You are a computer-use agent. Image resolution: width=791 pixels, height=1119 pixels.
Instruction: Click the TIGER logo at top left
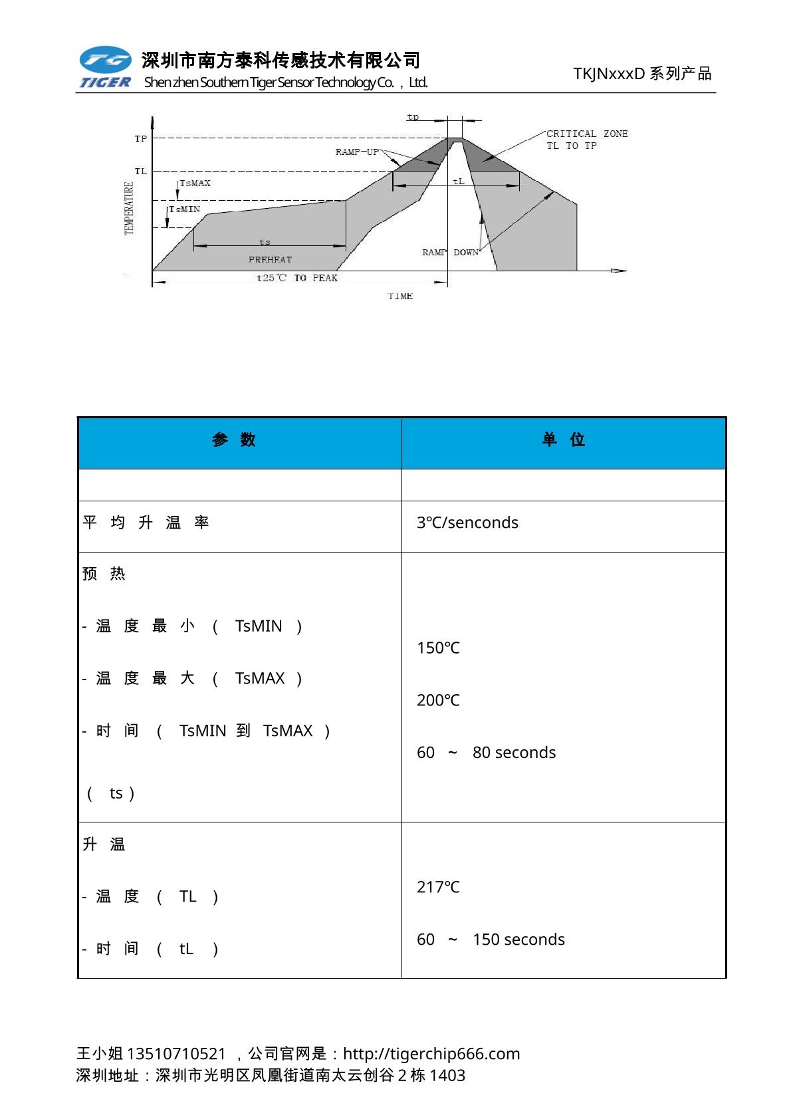105,67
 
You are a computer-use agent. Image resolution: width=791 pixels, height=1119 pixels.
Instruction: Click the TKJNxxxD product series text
642,73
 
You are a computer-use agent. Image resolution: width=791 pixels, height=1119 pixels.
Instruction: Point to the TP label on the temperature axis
141,139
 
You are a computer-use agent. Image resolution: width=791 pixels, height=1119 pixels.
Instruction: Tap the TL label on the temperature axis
141,172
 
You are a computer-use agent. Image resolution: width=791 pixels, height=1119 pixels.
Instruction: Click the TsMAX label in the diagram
195,184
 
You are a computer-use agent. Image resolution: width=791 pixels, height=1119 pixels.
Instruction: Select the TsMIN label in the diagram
185,209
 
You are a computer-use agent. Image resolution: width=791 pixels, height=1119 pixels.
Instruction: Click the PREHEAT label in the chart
270,259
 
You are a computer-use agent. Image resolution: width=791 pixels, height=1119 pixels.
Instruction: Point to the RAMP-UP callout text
357,152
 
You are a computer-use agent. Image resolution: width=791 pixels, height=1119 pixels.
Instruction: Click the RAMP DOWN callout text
450,253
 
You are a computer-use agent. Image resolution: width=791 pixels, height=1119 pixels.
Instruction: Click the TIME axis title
400,297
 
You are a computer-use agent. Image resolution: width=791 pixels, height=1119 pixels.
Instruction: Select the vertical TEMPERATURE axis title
129,208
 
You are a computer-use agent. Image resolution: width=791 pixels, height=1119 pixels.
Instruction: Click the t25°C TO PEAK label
297,278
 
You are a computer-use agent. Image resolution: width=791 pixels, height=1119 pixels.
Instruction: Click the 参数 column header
234,439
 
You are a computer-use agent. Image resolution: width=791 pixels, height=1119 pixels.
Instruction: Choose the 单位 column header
563,439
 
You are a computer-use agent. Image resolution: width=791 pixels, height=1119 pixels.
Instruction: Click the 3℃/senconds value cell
467,523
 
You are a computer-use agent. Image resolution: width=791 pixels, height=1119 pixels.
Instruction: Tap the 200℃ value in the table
438,700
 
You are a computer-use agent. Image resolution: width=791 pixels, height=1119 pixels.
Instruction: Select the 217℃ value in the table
438,887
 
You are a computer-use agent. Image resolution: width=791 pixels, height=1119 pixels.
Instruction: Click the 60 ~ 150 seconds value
491,939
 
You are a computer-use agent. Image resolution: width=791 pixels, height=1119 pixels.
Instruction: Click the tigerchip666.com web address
431,1054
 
